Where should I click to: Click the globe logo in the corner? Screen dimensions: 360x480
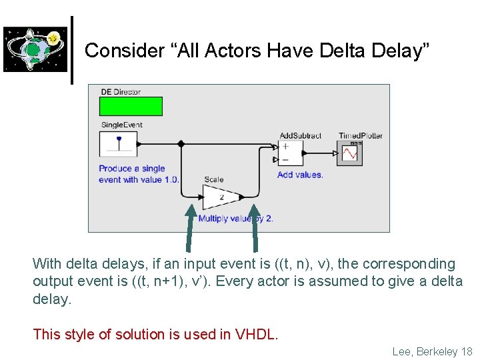click(x=35, y=49)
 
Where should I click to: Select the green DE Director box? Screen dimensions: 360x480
click(x=131, y=107)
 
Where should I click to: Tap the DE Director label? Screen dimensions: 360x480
click(x=121, y=92)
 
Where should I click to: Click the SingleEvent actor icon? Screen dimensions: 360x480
click(x=118, y=144)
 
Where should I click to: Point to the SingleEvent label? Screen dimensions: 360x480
click(x=121, y=125)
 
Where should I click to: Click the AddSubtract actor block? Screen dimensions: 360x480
click(x=291, y=153)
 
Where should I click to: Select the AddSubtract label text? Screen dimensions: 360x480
click(x=300, y=136)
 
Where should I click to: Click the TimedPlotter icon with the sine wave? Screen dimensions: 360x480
click(x=350, y=153)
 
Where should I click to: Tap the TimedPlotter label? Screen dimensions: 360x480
click(x=361, y=136)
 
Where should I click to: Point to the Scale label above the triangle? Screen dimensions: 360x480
click(x=214, y=179)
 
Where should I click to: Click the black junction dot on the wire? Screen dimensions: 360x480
click(x=181, y=143)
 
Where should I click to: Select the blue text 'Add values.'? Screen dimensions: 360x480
click(x=300, y=175)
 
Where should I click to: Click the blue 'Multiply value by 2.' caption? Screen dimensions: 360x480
click(x=235, y=218)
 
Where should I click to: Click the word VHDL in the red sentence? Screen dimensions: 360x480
click(x=256, y=334)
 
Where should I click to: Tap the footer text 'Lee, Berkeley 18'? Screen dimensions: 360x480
click(x=432, y=351)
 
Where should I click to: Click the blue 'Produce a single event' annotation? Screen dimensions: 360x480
click(x=139, y=174)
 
